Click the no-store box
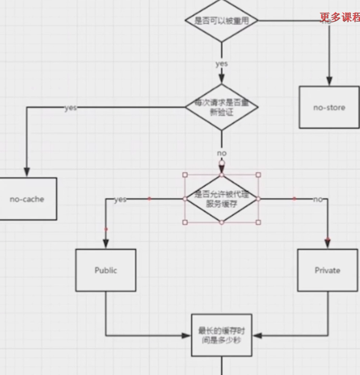pos(329,107)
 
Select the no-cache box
pos(27,199)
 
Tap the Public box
pos(106,270)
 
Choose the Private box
pos(328,270)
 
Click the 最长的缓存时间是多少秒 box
pos(222,335)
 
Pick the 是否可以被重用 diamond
pos(222,21)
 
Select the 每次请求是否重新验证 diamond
pos(222,108)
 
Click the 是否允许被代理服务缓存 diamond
pos(222,198)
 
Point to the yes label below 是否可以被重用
pos(222,64)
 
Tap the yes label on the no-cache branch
pos(70,108)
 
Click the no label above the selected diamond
pos(222,153)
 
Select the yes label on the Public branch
pos(120,199)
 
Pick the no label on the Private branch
pos(317,199)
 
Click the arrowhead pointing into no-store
pos(329,82)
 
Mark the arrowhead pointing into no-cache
pos(27,172)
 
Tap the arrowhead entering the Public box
pos(106,244)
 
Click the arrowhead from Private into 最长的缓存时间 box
pos(257,336)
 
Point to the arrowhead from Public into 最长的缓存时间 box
pos(186,336)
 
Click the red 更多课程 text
pos(340,17)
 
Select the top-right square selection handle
pos(258,174)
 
